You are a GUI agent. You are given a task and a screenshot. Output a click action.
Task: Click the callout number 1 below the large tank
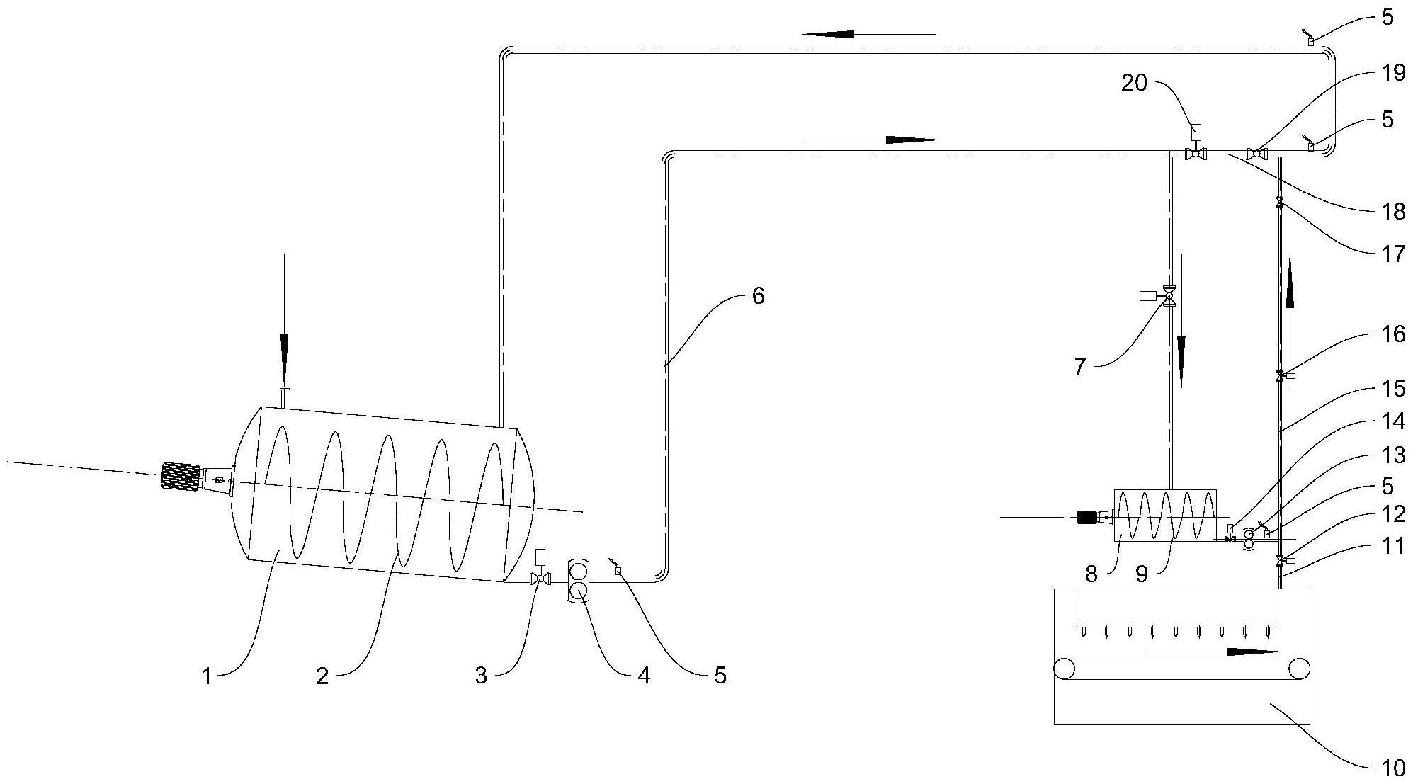coord(206,677)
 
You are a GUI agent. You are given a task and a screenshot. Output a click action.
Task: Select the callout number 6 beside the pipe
coord(758,295)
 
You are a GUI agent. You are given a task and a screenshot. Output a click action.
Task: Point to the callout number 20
coord(1134,84)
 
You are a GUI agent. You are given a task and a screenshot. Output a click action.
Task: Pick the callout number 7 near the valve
coord(1079,367)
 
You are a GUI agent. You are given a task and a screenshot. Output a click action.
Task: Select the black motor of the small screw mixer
coord(1086,517)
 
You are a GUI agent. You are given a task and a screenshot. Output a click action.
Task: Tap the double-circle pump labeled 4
coord(579,580)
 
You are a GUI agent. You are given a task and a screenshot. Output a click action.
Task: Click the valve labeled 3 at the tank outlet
coord(541,578)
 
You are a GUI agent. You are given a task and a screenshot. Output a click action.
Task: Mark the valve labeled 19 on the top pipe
coord(1256,152)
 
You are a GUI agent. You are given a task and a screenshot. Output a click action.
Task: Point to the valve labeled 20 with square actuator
coord(1196,152)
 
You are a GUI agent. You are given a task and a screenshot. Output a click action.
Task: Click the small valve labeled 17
coord(1279,202)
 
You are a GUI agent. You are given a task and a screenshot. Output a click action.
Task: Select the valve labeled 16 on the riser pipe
coord(1280,376)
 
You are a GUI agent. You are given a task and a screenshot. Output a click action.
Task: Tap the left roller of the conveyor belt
coord(1064,668)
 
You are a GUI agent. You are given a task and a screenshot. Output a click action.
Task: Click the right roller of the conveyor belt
coord(1299,668)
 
